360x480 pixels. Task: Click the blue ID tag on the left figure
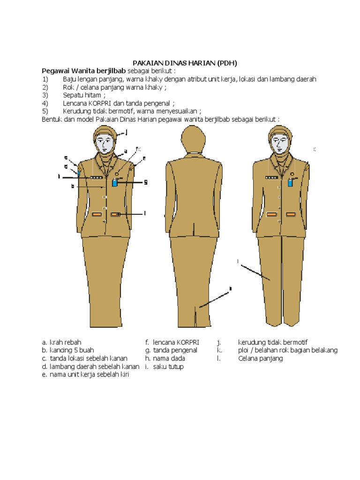[114, 183]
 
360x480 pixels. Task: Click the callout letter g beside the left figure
[146, 182]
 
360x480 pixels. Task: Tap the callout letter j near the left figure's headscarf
[126, 133]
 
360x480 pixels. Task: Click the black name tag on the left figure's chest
[97, 178]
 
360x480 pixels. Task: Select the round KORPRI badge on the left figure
[116, 173]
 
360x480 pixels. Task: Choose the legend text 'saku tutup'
[168, 367]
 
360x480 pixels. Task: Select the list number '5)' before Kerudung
[45, 111]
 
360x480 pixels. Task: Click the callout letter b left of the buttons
[73, 186]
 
